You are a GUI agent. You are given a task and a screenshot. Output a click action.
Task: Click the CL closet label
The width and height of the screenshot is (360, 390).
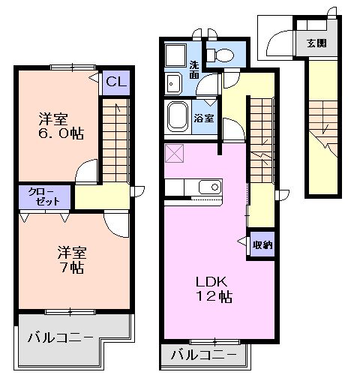click(x=116, y=81)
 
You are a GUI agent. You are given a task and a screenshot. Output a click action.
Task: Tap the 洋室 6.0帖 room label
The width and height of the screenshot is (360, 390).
click(x=61, y=126)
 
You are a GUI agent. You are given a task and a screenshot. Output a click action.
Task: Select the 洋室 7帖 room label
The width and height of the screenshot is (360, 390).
click(x=72, y=260)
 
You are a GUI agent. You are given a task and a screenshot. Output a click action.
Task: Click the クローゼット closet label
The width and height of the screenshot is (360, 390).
click(x=44, y=196)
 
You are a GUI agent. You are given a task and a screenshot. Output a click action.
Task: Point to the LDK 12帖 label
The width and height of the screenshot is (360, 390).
click(x=214, y=289)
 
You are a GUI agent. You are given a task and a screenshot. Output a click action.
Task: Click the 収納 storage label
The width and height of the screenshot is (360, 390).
click(x=262, y=244)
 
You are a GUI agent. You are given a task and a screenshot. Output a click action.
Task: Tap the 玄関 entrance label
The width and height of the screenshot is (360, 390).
click(x=316, y=43)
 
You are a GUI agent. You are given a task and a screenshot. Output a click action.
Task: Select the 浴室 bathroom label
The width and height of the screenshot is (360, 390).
click(x=204, y=118)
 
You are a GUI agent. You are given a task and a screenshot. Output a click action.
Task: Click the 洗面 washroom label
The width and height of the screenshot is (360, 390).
click(x=194, y=70)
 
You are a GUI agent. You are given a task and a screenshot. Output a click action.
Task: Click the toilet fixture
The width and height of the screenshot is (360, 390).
click(x=220, y=55)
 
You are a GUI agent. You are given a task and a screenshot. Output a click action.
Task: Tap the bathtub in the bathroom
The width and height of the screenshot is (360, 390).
click(x=178, y=116)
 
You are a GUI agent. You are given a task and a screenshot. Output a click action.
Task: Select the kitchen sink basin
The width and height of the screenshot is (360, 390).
click(x=210, y=187)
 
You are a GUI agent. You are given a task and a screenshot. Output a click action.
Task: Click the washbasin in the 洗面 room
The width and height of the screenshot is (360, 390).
click(x=173, y=84)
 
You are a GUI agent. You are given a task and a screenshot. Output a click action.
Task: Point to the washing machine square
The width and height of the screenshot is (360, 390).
click(x=175, y=55)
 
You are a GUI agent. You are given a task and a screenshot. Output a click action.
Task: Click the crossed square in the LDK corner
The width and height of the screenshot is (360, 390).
click(x=174, y=153)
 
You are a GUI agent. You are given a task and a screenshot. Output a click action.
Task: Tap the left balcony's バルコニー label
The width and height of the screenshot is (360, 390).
click(x=60, y=337)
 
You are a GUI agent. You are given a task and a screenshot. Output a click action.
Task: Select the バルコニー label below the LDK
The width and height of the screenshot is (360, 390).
click(x=203, y=355)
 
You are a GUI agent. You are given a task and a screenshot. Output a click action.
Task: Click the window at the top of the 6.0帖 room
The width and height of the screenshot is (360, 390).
click(x=73, y=67)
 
